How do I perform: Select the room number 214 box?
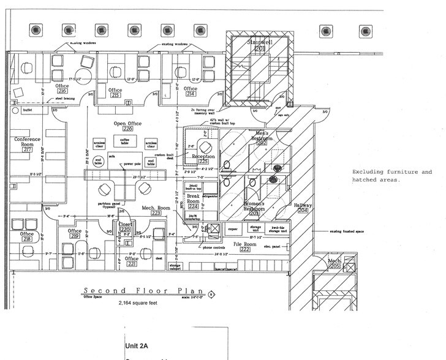click(x=191, y=94)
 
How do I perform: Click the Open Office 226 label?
click(x=127, y=126)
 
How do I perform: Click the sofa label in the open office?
click(x=113, y=156)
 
